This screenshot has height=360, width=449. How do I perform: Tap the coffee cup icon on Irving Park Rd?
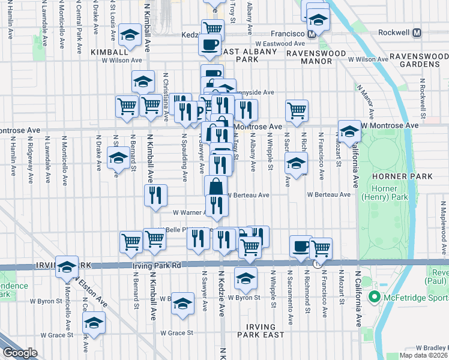click(301, 246)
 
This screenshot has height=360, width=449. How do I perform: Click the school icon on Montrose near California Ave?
click(349, 131)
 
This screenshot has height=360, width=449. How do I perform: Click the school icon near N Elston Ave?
click(67, 267)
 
